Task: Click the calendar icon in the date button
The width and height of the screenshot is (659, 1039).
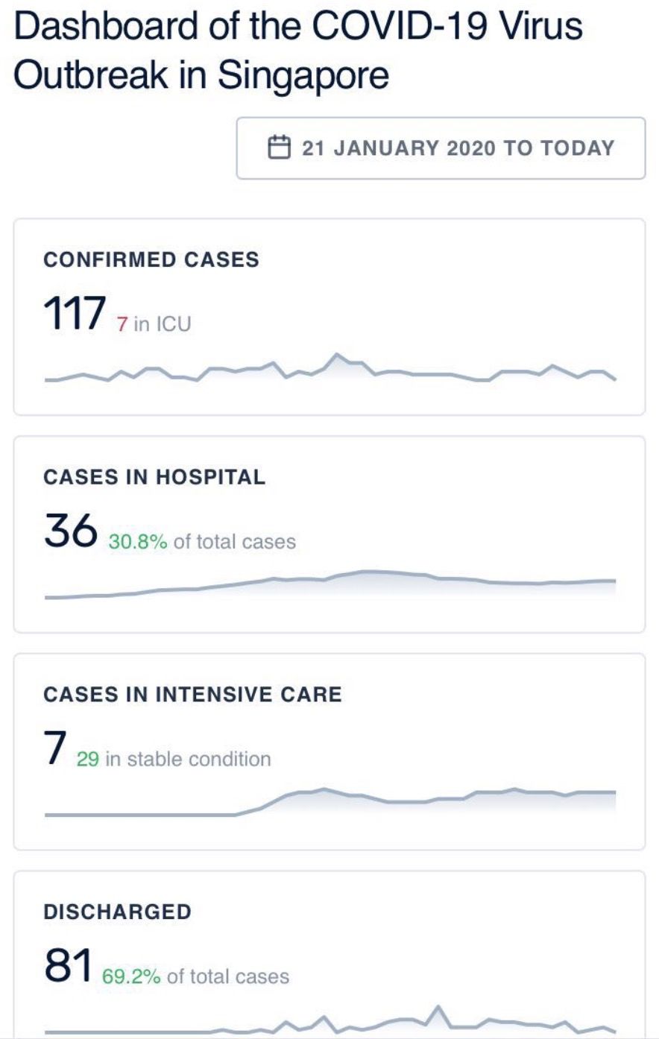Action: pos(279,147)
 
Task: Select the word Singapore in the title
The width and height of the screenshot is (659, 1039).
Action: pos(303,75)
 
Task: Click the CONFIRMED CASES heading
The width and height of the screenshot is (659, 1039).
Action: pos(151,260)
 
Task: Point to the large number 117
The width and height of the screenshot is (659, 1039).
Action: pos(75,313)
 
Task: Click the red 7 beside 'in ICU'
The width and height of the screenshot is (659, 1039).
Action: pos(122,324)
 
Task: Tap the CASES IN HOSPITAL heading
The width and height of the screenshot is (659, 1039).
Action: pos(154,477)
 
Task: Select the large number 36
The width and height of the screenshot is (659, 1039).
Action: pos(71,531)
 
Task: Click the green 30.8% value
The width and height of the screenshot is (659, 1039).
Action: pos(138,542)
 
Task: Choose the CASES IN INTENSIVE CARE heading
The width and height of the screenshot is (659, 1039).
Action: pos(192,695)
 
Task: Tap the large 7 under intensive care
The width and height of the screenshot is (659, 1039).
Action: pos(55,748)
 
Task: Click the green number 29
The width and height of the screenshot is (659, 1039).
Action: pos(87,759)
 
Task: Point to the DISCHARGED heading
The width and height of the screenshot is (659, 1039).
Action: pos(117,912)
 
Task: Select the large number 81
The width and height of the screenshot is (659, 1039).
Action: pos(68,966)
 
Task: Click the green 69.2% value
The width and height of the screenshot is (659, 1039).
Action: pos(131,977)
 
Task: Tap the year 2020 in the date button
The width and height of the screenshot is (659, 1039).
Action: pos(470,148)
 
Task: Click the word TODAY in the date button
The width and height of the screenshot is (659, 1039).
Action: pos(578,148)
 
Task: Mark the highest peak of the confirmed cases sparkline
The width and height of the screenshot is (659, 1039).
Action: pos(337,355)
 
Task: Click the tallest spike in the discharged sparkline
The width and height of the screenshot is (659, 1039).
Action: pos(438,1007)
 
